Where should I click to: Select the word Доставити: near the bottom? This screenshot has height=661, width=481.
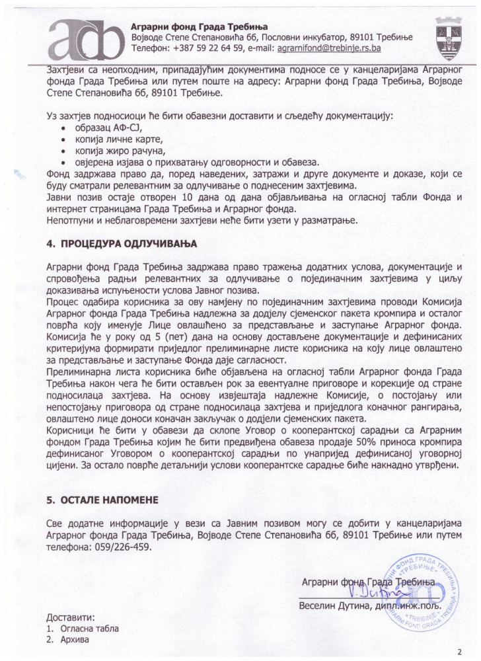pos(71,616)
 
